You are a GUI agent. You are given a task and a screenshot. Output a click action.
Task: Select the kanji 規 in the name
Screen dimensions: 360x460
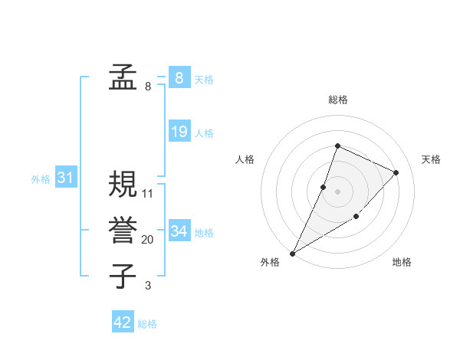tap(123, 184)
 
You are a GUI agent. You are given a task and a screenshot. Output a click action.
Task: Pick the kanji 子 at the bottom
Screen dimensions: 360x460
tap(123, 276)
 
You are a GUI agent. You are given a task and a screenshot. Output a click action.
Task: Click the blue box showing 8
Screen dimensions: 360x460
tap(179, 77)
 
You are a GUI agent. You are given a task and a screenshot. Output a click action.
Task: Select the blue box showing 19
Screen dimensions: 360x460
tap(179, 132)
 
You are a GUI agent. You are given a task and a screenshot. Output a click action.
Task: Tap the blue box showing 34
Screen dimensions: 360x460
tap(179, 231)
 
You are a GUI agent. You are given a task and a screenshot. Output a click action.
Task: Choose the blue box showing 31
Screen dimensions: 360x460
tap(65, 178)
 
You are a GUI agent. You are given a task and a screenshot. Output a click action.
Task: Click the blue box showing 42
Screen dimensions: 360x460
tap(123, 322)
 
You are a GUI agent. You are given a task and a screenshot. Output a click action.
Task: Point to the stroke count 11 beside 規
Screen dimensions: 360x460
tap(148, 194)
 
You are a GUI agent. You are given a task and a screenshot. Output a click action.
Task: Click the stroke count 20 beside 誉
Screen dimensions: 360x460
tap(148, 240)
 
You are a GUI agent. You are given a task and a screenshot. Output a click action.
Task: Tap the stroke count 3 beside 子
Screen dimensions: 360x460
tap(148, 286)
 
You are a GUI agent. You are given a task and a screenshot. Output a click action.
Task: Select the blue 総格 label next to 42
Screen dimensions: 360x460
tap(147, 324)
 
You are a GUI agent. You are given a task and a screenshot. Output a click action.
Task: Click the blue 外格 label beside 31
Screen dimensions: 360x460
tap(41, 179)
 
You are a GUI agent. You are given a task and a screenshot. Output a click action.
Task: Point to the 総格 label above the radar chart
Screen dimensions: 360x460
tap(337, 100)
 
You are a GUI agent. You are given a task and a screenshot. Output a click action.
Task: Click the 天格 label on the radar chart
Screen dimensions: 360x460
tap(432, 159)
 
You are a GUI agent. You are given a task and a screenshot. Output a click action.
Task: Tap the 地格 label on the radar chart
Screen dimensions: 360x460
tap(402, 262)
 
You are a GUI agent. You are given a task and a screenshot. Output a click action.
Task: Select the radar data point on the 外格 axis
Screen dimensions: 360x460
tap(293, 253)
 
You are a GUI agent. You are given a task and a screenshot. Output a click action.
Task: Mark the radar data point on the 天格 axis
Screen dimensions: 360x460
tap(396, 172)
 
